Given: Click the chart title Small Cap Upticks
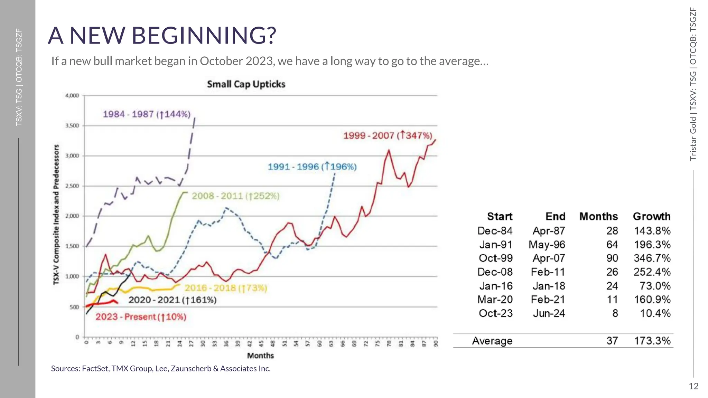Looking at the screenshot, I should point(246,84).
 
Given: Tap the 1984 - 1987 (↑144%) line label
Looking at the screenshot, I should point(147,114).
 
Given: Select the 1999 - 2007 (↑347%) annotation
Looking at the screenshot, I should point(388,135).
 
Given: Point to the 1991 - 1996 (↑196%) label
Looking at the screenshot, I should point(312,167).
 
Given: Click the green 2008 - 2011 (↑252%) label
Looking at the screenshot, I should point(235,196).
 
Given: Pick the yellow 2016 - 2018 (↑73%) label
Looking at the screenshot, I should point(226,288).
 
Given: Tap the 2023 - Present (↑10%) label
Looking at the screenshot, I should point(141,317).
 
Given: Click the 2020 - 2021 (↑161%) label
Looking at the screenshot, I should point(172,300).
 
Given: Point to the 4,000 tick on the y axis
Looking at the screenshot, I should point(72,96).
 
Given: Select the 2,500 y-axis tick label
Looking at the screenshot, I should point(72,186).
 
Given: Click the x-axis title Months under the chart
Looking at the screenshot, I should point(260,356).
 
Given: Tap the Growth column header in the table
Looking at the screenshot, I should point(651,217).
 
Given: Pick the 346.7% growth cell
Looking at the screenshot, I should point(652,258).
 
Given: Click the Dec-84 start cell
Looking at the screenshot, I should point(495,231).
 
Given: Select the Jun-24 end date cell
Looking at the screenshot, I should point(549,313).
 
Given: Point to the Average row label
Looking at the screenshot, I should point(492,341).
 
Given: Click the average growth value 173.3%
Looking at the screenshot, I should point(652,341).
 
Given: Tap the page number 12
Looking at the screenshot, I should point(693,386).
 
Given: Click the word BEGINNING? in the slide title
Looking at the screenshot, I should point(204,36).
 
